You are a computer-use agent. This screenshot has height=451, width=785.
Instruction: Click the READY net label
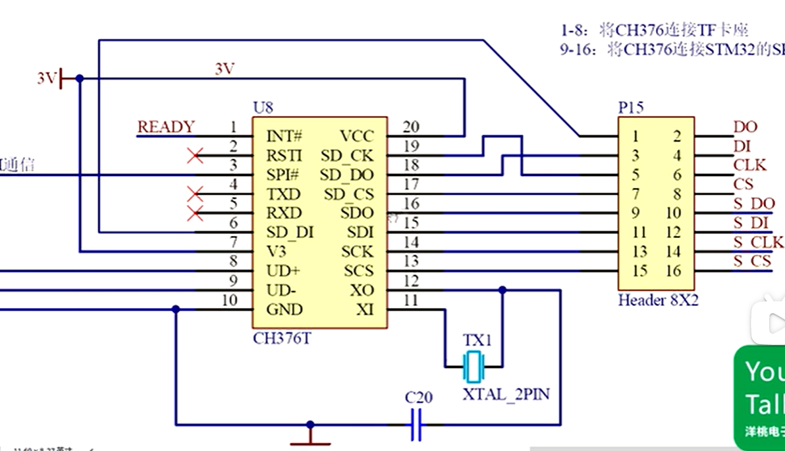pos(166,127)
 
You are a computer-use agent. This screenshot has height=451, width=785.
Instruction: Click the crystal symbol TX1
pos(474,367)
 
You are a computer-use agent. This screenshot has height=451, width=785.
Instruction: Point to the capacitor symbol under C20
pos(416,425)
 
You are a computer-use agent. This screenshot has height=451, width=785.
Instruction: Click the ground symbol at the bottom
pos(310,436)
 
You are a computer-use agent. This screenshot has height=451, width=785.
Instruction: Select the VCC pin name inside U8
pos(356,136)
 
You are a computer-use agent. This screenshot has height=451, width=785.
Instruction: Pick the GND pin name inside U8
pos(284,309)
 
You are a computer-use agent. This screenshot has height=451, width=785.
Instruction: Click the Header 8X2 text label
pos(658,301)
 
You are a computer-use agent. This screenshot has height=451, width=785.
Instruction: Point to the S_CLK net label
pos(758,242)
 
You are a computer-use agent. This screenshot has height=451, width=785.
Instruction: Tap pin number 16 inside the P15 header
pos(672,271)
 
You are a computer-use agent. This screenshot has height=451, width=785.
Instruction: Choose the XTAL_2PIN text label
pos(506,395)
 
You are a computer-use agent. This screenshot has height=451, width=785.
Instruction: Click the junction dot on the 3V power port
pos(80,78)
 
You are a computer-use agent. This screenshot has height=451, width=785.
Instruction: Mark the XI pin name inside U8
pos(364,309)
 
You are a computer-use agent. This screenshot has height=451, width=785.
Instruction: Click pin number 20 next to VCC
pos(411,127)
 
